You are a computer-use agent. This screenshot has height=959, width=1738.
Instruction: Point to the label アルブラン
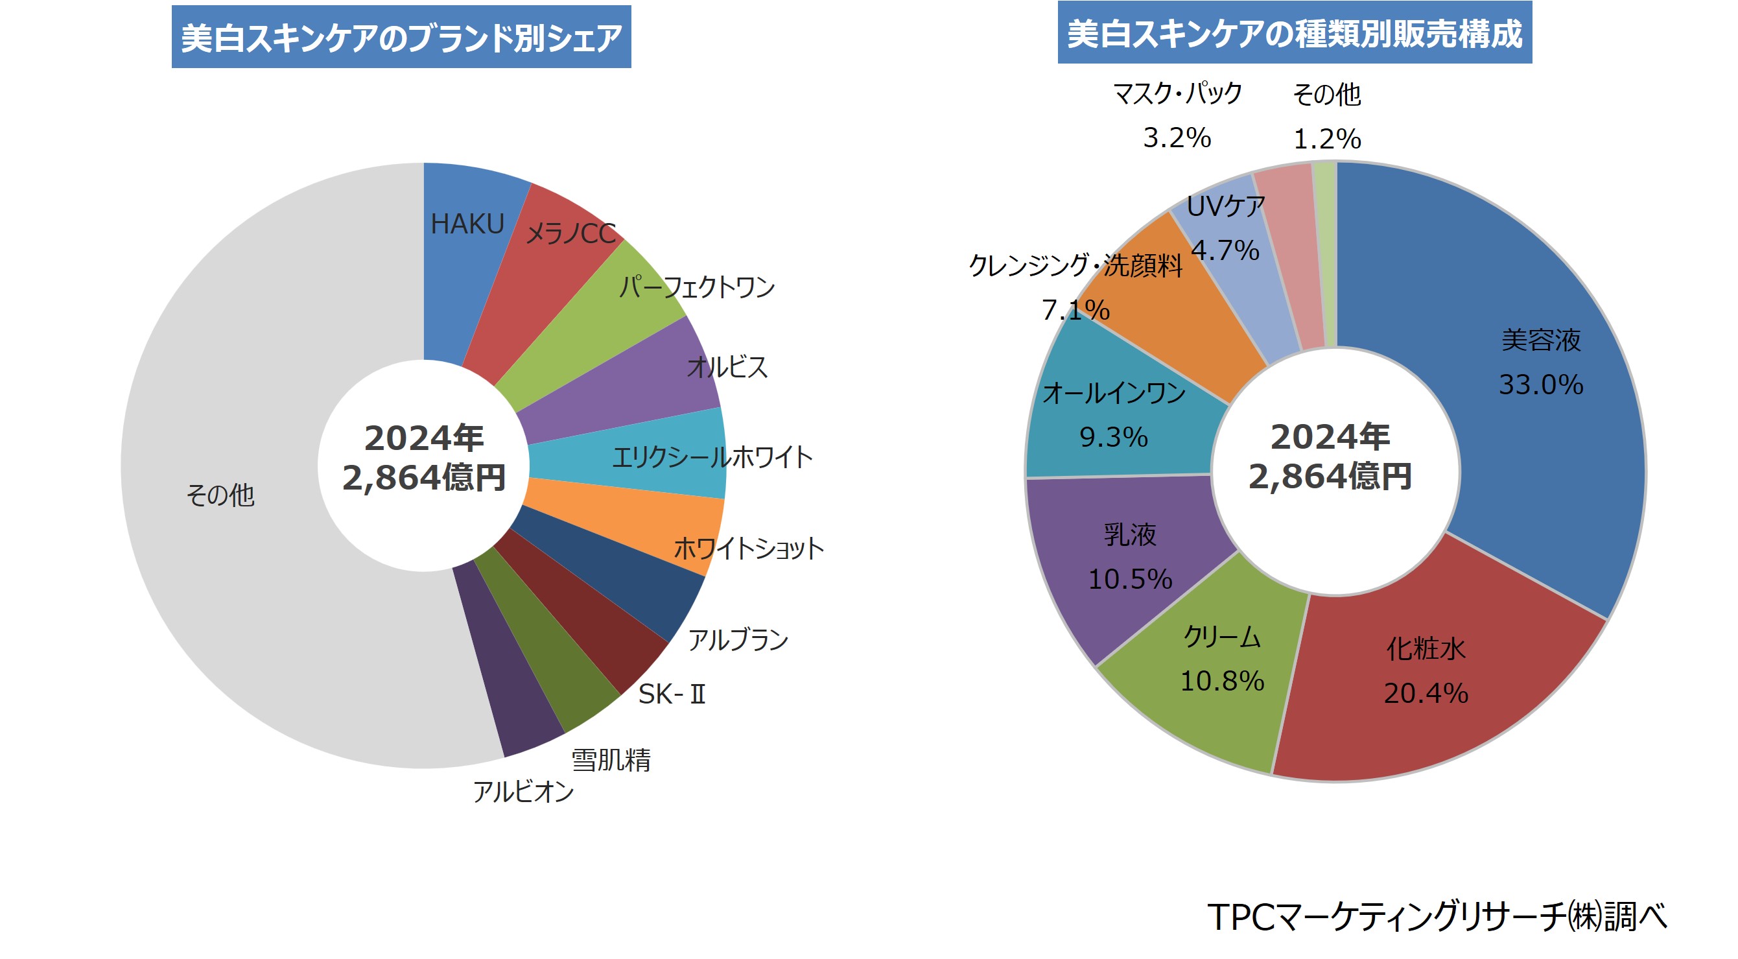click(738, 640)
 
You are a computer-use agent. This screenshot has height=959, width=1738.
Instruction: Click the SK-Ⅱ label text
click(672, 694)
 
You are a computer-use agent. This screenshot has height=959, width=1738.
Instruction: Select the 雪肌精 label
click(611, 760)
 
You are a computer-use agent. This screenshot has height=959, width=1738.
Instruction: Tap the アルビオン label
click(524, 792)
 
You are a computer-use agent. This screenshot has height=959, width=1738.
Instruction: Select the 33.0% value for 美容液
click(1541, 385)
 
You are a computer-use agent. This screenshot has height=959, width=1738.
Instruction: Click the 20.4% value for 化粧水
click(1426, 693)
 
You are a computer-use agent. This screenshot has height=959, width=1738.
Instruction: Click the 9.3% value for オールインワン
click(1114, 437)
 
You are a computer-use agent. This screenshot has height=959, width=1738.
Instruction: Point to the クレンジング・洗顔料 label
click(1075, 265)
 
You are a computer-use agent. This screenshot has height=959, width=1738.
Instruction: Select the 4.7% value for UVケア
click(1225, 251)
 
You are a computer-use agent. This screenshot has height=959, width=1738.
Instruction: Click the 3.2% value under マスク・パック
click(1177, 138)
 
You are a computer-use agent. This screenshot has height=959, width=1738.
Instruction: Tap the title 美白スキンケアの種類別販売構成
click(1294, 34)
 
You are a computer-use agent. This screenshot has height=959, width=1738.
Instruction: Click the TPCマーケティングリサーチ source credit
click(1437, 917)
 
